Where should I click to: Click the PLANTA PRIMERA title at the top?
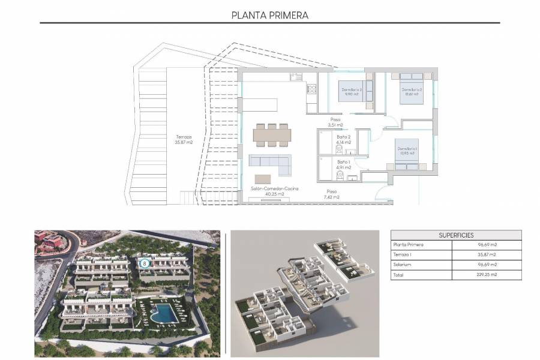pos(270,15)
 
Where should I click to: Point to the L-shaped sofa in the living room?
pos(268,162)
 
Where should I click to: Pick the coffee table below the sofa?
pos(263,179)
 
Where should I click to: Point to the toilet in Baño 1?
pos(340,176)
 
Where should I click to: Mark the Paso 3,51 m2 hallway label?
pos(335,122)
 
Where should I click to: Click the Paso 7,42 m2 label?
pos(332,194)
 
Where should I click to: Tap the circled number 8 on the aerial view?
pos(144,263)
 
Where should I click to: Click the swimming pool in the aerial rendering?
pos(161,312)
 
